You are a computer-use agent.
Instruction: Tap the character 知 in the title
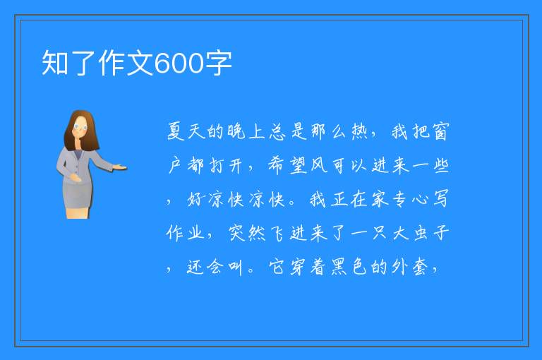point(54,63)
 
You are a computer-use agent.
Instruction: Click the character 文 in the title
point(140,63)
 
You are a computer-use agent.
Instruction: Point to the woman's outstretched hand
point(119,168)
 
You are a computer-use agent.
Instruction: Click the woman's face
point(80,127)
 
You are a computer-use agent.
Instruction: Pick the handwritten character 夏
point(176,131)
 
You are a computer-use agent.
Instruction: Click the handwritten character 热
point(359,131)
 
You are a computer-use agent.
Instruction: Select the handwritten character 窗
point(440,131)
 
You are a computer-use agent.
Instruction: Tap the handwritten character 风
point(319,165)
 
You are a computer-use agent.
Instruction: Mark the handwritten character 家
point(379,199)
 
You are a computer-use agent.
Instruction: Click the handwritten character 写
point(440,198)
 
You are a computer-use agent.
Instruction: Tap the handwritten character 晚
point(237,131)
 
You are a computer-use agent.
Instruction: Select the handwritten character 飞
point(277,233)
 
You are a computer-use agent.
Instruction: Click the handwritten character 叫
point(235,268)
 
